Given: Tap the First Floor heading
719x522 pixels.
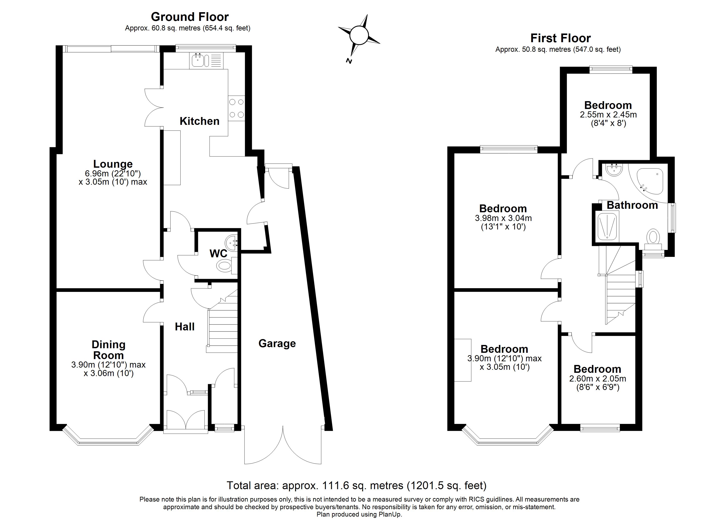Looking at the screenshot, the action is point(560,38).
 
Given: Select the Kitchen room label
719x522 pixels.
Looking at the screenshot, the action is point(199,121).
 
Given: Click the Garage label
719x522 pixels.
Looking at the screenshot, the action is point(277,343).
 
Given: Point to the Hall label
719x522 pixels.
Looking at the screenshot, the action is point(185,327).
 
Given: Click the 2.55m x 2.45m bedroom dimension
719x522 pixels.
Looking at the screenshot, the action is point(608,115).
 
